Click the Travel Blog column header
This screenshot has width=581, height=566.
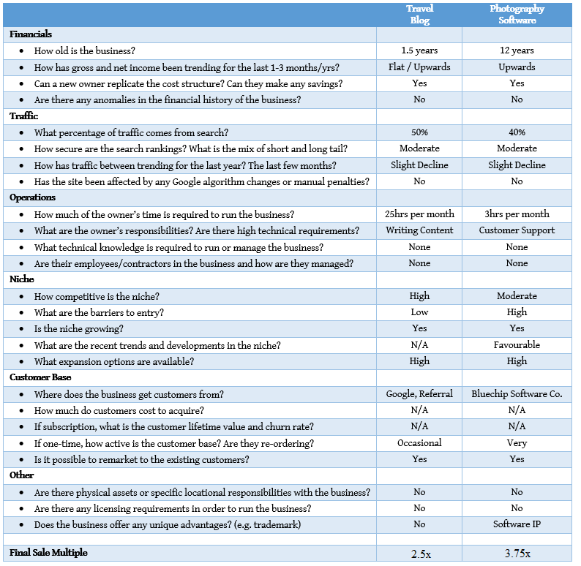[419, 15]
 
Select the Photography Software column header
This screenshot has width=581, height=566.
[517, 15]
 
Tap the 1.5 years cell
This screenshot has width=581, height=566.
[419, 51]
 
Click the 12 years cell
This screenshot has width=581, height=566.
[517, 51]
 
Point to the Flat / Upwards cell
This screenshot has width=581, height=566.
[419, 67]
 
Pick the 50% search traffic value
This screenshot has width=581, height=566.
[419, 132]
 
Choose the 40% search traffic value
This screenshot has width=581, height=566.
[517, 132]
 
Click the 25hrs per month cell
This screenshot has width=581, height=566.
[419, 214]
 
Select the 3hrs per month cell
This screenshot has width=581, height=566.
[517, 214]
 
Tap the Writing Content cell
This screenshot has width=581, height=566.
[419, 230]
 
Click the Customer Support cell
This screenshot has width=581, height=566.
[517, 230]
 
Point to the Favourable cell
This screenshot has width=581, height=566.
[517, 344]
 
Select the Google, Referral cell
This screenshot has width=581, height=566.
[419, 394]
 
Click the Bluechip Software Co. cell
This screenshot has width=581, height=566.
[517, 394]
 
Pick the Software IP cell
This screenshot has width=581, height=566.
[517, 524]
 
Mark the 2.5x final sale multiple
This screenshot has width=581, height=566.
[419, 554]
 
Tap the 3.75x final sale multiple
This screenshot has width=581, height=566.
[517, 554]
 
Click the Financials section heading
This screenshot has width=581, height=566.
[31, 34]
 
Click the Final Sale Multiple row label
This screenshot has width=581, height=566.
[48, 553]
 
